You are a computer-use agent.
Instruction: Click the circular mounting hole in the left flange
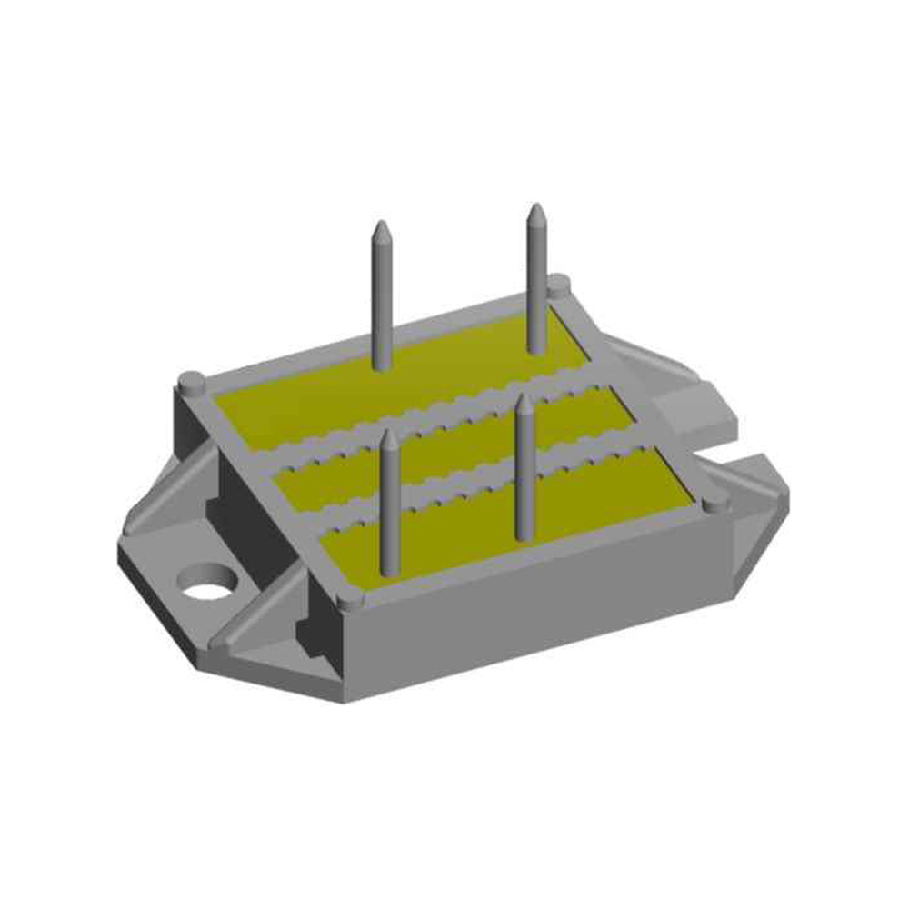coord(208,582)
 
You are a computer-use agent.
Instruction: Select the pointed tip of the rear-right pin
coord(536,210)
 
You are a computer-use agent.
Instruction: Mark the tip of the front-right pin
coord(524,400)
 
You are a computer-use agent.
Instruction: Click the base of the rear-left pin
coord(383,364)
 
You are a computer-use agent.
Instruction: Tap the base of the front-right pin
coord(524,532)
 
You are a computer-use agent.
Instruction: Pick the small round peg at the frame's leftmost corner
coord(191,381)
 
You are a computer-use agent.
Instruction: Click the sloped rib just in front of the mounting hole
coord(255,618)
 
